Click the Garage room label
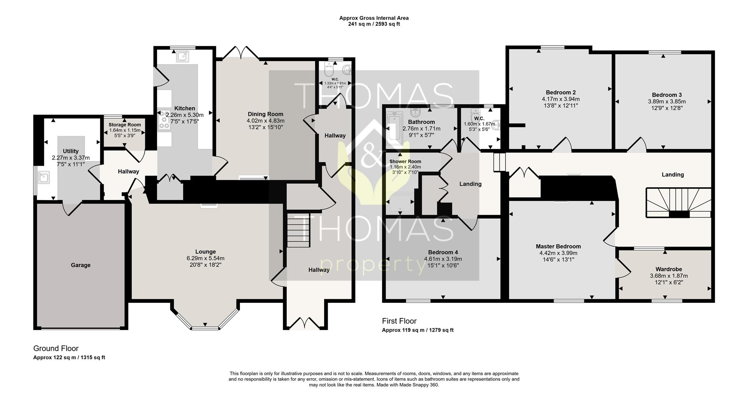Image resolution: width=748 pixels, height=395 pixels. coord(81,265)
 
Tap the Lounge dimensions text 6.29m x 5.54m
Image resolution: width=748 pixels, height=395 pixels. coord(205,258)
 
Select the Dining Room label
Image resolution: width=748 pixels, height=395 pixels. coord(265,114)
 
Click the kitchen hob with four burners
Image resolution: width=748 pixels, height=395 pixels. coord(164,120)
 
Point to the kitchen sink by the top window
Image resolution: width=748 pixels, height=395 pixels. coord(182,57)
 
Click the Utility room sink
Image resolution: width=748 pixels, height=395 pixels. coord(43,177)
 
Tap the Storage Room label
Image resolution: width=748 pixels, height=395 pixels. coord(125,125)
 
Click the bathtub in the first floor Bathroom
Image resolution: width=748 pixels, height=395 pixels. coord(394,128)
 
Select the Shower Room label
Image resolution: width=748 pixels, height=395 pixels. coord(405,162)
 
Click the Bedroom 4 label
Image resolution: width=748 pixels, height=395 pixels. coord(443,252)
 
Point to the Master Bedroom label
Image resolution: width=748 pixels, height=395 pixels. coord(558,246)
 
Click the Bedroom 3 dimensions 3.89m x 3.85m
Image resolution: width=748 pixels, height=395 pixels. coord(667,102)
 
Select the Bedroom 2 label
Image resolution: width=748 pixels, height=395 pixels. coord(561,93)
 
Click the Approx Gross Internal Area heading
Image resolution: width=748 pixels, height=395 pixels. coord(374,18)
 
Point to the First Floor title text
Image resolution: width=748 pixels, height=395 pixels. coord(399,321)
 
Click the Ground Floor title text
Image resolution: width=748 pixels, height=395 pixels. coord(56,348)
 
